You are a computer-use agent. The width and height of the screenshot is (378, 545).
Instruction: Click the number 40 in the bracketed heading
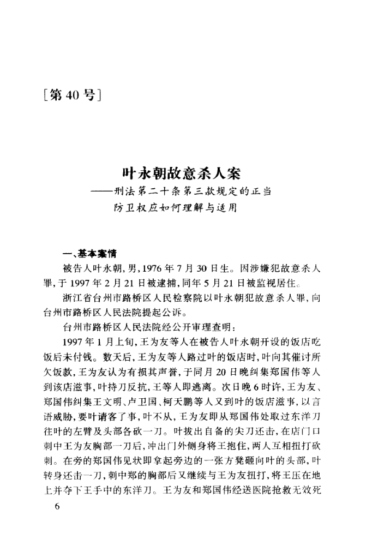(73, 96)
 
